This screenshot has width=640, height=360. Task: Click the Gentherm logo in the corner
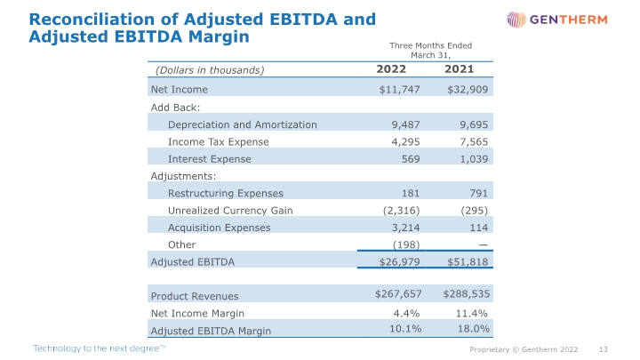click(557, 20)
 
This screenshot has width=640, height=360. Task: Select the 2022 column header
click(391, 69)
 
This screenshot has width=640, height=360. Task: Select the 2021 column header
click(460, 69)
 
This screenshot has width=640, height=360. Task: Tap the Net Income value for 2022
click(399, 90)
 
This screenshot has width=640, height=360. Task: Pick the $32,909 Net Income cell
click(468, 90)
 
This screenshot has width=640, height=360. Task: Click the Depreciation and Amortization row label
click(243, 124)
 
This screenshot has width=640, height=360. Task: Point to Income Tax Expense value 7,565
click(474, 141)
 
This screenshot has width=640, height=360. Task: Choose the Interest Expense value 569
click(411, 159)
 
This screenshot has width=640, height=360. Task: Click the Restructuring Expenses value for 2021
click(478, 193)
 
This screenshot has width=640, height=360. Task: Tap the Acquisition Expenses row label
click(220, 228)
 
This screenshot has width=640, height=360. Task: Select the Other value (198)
click(406, 244)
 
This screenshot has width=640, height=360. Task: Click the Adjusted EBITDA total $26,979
click(399, 261)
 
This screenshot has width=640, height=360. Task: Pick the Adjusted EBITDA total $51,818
click(468, 261)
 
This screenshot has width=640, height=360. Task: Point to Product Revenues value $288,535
click(466, 293)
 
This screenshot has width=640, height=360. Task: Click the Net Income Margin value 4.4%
click(406, 313)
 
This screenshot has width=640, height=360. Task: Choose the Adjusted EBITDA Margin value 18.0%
click(474, 329)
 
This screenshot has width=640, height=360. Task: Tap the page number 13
click(604, 349)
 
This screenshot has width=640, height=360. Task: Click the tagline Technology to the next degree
click(100, 348)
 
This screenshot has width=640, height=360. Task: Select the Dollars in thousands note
click(210, 70)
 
